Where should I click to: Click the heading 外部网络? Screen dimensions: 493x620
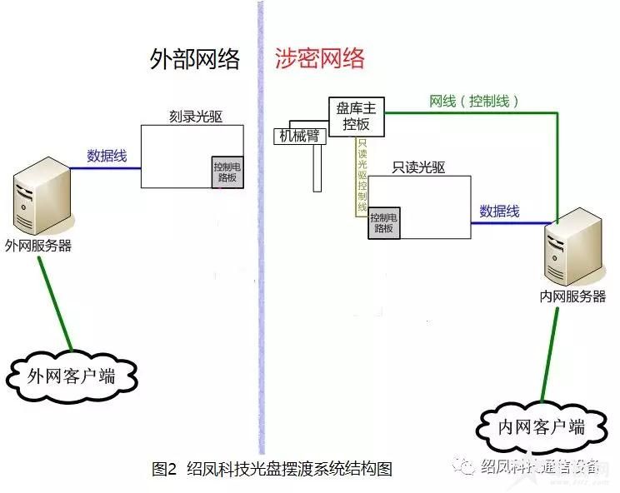coord(194,59)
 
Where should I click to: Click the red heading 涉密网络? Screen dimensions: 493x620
coord(320,58)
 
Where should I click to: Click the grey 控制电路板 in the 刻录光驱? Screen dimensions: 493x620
coord(227,172)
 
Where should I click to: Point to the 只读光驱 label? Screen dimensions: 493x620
coord(418,167)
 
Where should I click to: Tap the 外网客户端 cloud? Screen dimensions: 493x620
coord(72,376)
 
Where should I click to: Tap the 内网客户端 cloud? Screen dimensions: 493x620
coord(542,427)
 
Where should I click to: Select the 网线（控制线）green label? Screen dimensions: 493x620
coord(474,101)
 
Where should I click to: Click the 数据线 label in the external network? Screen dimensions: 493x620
coord(107,155)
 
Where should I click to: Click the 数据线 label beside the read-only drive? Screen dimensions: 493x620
coord(500,212)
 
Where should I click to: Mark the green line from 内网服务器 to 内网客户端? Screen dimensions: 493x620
coord(548,350)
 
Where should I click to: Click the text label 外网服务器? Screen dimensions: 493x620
coord(38,246)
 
